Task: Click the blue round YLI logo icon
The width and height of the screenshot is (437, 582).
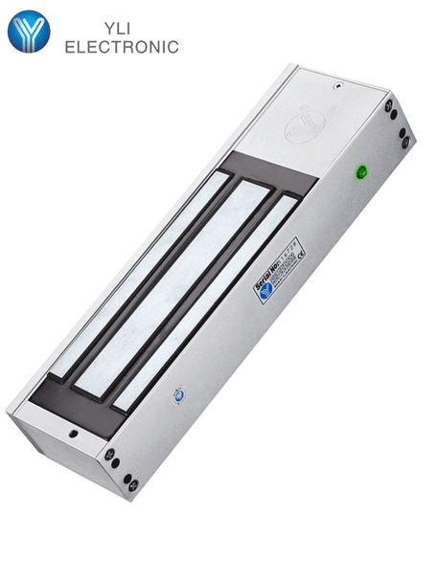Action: click(x=28, y=31)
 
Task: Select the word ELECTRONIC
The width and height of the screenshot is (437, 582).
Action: click(x=121, y=46)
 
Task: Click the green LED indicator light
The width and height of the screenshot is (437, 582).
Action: click(x=361, y=173)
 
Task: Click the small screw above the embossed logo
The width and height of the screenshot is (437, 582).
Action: click(x=336, y=84)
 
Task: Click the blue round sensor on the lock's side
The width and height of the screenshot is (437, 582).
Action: click(x=178, y=394)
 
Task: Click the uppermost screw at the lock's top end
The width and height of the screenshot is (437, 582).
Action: click(x=389, y=105)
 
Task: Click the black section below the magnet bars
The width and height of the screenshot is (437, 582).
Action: click(x=77, y=392)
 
